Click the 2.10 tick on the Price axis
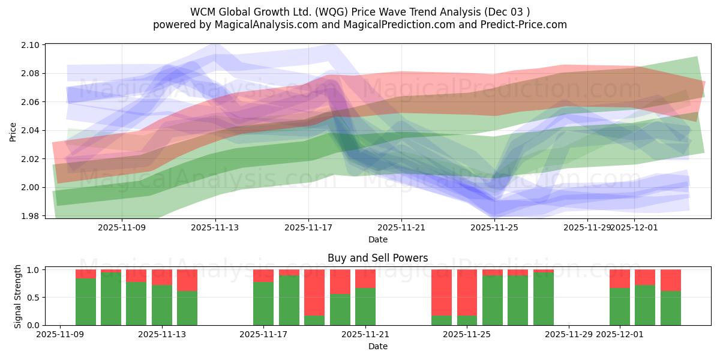[x=31, y=45]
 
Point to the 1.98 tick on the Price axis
[x=31, y=216]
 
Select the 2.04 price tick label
[x=31, y=131]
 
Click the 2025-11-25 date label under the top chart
[x=494, y=227]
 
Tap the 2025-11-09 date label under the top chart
[x=122, y=227]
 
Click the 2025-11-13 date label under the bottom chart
[x=162, y=335]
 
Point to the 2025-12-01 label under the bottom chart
[x=620, y=335]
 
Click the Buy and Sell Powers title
[x=377, y=259]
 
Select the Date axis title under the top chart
[x=377, y=239]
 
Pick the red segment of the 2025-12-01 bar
[x=620, y=278]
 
